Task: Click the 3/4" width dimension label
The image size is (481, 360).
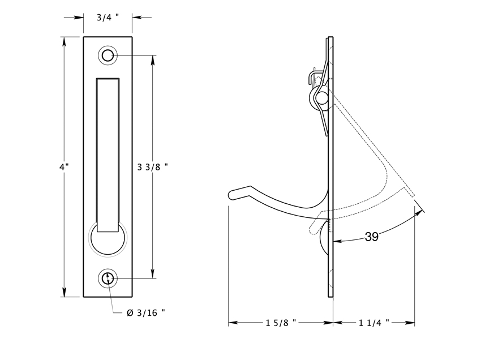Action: pyautogui.click(x=108, y=18)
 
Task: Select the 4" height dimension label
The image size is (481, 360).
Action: pyautogui.click(x=64, y=167)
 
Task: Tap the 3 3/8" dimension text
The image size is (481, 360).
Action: pyautogui.click(x=152, y=167)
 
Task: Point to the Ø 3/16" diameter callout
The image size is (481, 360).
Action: pyautogui.click(x=145, y=313)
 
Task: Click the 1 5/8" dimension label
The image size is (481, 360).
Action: pyautogui.click(x=281, y=323)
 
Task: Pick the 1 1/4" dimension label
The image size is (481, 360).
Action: pyautogui.click(x=374, y=323)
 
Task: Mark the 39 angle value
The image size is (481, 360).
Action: pyautogui.click(x=371, y=237)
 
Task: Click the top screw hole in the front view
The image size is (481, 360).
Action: pyautogui.click(x=108, y=56)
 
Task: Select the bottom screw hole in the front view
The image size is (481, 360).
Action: pyautogui.click(x=108, y=278)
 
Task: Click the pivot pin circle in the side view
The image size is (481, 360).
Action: pyautogui.click(x=322, y=98)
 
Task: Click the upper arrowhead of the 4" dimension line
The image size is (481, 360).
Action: pyautogui.click(x=64, y=41)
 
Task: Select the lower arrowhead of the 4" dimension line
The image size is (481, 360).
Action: pyautogui.click(x=64, y=292)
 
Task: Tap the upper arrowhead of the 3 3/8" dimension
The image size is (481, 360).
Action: pyautogui.click(x=152, y=60)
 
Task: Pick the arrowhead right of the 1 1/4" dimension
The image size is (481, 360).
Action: pyautogui.click(x=410, y=323)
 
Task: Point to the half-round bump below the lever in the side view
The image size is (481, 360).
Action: pyautogui.click(x=325, y=238)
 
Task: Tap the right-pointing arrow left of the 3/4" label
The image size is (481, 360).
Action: pyautogui.click(x=74, y=18)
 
